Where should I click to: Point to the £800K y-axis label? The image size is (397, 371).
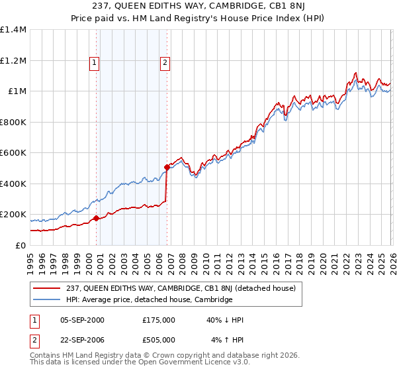(x=13, y=122)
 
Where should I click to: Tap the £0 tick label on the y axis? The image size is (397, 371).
(x=21, y=245)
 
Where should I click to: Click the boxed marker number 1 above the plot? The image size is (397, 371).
(x=95, y=64)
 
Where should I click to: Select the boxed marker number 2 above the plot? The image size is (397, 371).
(x=164, y=64)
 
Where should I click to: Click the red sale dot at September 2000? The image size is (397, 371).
(x=97, y=218)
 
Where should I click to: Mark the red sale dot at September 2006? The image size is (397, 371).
(x=167, y=168)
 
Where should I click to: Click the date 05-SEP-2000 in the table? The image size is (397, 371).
(x=82, y=320)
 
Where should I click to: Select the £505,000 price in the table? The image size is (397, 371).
(x=158, y=339)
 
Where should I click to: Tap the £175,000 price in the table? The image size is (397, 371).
(x=158, y=320)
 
